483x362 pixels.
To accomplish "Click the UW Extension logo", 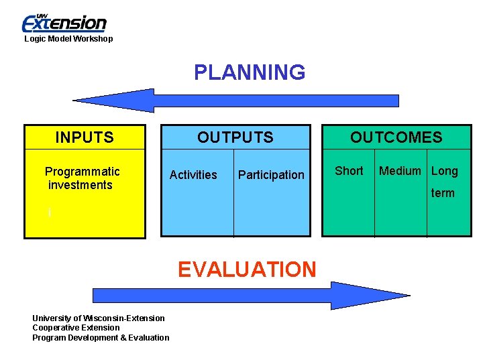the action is [x=64, y=23].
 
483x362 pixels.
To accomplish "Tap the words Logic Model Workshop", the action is [x=68, y=39].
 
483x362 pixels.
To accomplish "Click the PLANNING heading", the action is [x=250, y=72].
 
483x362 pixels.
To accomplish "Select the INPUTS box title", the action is [x=85, y=138].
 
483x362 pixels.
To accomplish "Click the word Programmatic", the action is [x=82, y=172].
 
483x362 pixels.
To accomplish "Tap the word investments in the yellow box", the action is [x=80, y=185].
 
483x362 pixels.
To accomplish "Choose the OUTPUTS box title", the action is [x=235, y=138].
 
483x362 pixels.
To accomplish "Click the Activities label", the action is [x=193, y=175].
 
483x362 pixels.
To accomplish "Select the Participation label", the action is [x=271, y=175].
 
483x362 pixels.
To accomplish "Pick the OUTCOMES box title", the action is [x=396, y=138].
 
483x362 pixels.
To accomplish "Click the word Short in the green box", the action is [x=349, y=171].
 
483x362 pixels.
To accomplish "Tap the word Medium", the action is [x=400, y=171].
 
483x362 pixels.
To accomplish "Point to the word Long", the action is [x=444, y=171].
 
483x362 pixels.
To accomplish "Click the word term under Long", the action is [x=443, y=193].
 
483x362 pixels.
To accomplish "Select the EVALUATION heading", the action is [x=247, y=269].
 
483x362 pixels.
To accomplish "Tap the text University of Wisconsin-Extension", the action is [x=99, y=318].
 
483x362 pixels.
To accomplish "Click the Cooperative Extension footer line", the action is [x=76, y=328].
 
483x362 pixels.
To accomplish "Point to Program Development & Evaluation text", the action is [x=101, y=338].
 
